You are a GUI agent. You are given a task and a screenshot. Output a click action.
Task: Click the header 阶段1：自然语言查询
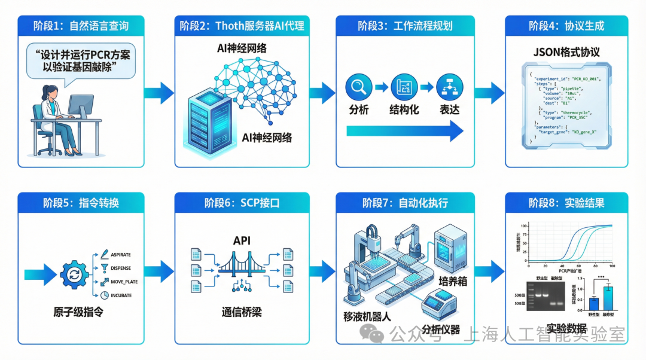pyautogui.click(x=81, y=26)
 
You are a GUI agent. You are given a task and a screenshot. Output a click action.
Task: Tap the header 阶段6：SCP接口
pyautogui.click(x=242, y=203)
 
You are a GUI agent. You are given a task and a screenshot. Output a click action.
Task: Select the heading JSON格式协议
pyautogui.click(x=566, y=52)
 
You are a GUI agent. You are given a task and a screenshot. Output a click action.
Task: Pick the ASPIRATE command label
pyautogui.click(x=120, y=255)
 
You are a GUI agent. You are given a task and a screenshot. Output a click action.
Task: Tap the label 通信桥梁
pyautogui.click(x=242, y=312)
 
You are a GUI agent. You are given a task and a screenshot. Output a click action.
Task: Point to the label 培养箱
pyautogui.click(x=452, y=281)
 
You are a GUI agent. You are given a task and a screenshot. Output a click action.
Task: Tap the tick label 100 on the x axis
pyautogui.click(x=610, y=265)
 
